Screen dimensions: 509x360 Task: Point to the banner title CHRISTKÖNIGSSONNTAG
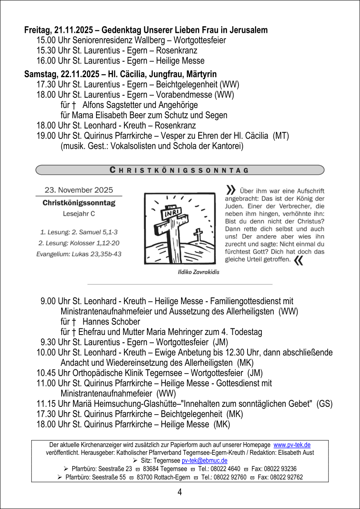pyautogui.click(x=180, y=170)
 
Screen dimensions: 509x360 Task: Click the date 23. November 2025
pyautogui.click(x=79, y=190)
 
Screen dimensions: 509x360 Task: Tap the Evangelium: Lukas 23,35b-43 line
pyautogui.click(x=79, y=254)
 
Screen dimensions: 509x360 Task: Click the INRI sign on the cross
pyautogui.click(x=170, y=214)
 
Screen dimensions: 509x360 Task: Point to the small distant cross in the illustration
pyautogui.click(x=198, y=234)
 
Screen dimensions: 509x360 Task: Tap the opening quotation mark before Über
pyautogui.click(x=231, y=190)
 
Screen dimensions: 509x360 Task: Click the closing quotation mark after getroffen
pyautogui.click(x=299, y=261)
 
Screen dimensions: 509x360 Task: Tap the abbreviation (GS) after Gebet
pyautogui.click(x=324, y=404)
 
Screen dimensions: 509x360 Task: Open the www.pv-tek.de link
pyautogui.click(x=292, y=445)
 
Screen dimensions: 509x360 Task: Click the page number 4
pyautogui.click(x=180, y=492)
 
